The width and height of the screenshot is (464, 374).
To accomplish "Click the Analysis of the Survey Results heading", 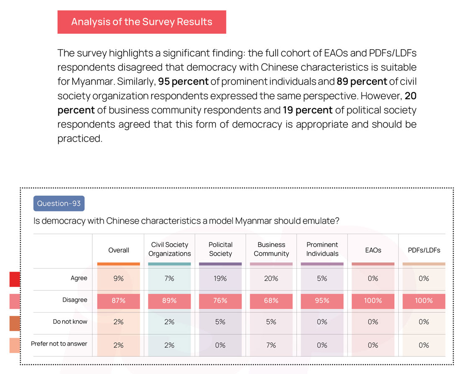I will click(142, 22).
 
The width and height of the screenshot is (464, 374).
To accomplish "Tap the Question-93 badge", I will click(59, 204).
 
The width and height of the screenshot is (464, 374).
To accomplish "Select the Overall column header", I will click(119, 250).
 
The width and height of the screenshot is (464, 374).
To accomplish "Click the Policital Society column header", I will click(220, 249).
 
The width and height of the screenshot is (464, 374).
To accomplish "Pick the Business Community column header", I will click(271, 249).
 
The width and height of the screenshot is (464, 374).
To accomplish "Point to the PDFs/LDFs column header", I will click(424, 250).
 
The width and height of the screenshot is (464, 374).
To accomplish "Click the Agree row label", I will click(79, 278).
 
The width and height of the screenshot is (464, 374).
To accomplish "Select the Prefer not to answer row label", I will click(59, 344).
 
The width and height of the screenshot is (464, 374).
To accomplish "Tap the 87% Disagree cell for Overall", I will click(119, 301).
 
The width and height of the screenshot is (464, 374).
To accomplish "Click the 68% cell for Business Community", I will click(271, 301).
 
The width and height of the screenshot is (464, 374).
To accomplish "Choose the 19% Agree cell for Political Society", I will click(220, 278).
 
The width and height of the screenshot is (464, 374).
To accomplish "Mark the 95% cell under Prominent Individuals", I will click(322, 301).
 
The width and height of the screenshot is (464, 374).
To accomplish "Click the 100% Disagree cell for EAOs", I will click(373, 301).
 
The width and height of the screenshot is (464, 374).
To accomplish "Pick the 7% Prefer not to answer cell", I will click(271, 345).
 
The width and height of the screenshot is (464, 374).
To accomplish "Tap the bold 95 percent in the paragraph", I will click(183, 81).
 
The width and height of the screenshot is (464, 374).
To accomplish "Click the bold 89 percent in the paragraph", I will click(362, 81).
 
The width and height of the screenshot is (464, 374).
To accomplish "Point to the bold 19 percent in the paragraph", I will click(308, 110).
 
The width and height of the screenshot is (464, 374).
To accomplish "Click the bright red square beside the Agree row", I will click(15, 279).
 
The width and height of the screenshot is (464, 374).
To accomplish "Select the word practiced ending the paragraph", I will click(80, 138).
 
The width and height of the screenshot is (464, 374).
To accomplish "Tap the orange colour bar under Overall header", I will click(119, 264).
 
